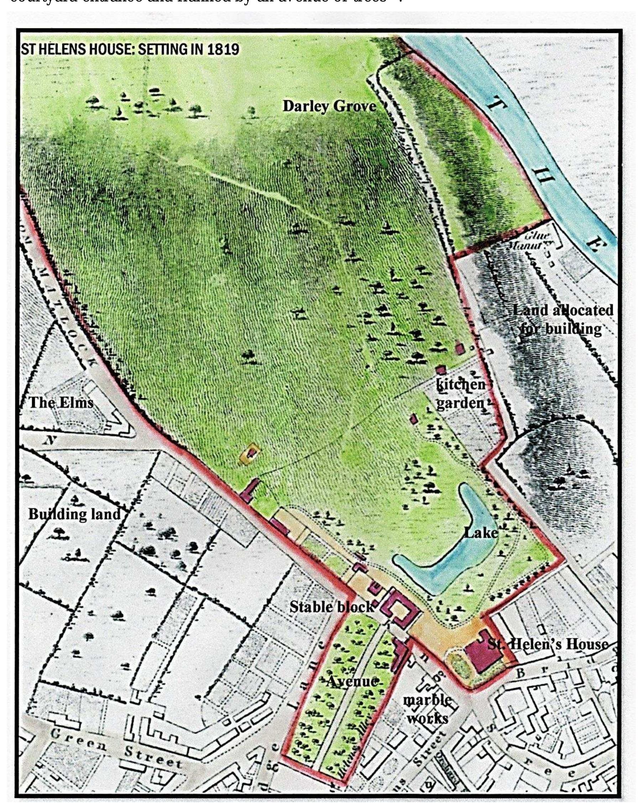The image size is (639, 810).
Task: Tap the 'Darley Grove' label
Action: [329, 106]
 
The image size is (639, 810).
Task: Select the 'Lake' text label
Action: [481, 532]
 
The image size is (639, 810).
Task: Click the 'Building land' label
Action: [74, 514]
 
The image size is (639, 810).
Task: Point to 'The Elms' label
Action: [61, 403]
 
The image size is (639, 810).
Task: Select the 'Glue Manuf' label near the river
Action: [533, 241]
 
